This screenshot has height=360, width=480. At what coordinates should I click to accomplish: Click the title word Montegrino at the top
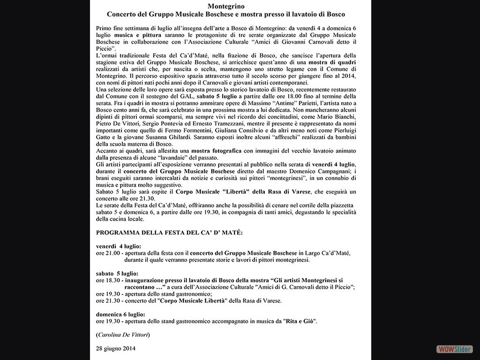click(x=231, y=6)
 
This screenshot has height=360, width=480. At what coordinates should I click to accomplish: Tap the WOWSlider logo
click(x=454, y=349)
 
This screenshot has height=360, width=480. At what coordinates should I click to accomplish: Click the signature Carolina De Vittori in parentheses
click(x=123, y=335)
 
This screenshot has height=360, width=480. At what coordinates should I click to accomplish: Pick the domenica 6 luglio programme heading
click(x=120, y=314)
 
